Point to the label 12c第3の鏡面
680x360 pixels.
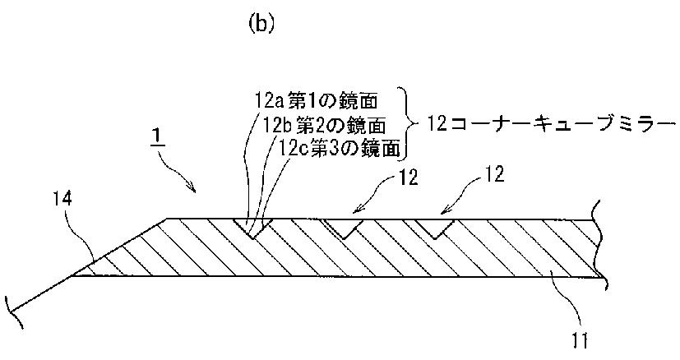pos(340,148)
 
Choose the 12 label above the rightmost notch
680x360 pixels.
pos(494,174)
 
